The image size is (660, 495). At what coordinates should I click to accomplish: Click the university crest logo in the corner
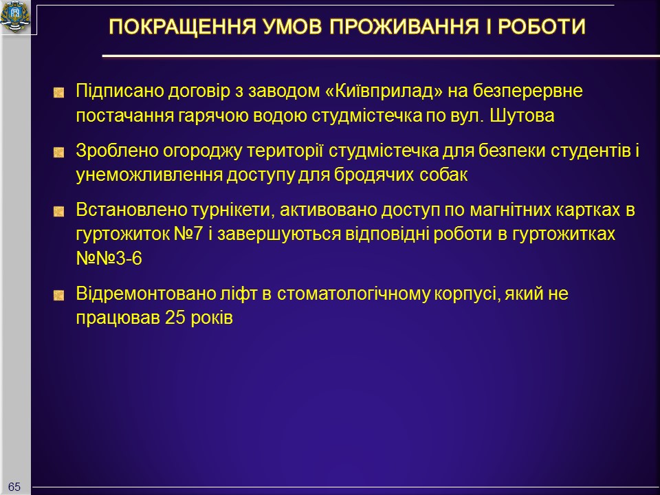pos(15,16)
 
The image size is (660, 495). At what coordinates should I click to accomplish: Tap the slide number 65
pos(14,487)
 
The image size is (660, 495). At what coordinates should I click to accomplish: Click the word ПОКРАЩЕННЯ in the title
pos(182,27)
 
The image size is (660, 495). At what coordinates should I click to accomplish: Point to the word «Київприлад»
pos(384,91)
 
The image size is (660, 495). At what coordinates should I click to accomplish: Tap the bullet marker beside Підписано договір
pos(59,93)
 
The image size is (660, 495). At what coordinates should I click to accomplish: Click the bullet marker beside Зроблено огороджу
pos(59,152)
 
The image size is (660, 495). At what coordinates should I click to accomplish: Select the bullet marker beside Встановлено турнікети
pos(59,211)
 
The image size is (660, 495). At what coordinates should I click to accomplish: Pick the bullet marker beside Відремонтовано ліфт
pos(59,295)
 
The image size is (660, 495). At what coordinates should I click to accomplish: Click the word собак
pos(443,174)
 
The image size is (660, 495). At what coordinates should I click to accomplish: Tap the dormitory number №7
pos(188,234)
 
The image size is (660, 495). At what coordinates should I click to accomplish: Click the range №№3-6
pos(109,258)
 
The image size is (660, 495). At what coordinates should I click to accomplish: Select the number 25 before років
pos(175,318)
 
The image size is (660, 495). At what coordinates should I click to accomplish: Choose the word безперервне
pos(528,91)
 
